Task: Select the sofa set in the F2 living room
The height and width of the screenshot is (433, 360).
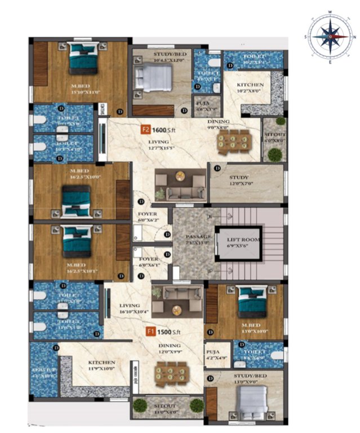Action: (180, 185)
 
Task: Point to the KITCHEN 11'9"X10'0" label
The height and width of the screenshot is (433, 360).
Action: (101, 366)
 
